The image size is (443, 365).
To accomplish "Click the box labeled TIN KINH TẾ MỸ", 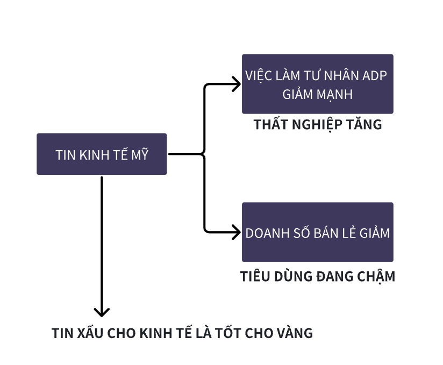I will pyautogui.click(x=102, y=154).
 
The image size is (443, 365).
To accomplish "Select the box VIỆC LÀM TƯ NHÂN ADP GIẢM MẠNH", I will pyautogui.click(x=317, y=84).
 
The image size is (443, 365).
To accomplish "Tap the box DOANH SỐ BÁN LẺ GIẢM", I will pyautogui.click(x=317, y=233).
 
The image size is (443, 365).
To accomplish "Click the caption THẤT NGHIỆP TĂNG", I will pyautogui.click(x=318, y=125).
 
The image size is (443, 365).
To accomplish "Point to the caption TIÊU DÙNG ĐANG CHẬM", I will pyautogui.click(x=318, y=277).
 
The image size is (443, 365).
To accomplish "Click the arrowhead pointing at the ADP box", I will pyautogui.click(x=236, y=83).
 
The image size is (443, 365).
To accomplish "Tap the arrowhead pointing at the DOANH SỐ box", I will pyautogui.click(x=236, y=233).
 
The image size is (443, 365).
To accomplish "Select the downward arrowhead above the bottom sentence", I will pyautogui.click(x=102, y=312).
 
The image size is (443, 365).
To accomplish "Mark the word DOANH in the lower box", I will pyautogui.click(x=265, y=233).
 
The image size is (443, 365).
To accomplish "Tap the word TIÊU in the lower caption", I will pyautogui.click(x=255, y=277).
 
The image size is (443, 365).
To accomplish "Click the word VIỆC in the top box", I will pyautogui.click(x=258, y=75).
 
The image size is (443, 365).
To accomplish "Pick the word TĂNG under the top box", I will pyautogui.click(x=365, y=125).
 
